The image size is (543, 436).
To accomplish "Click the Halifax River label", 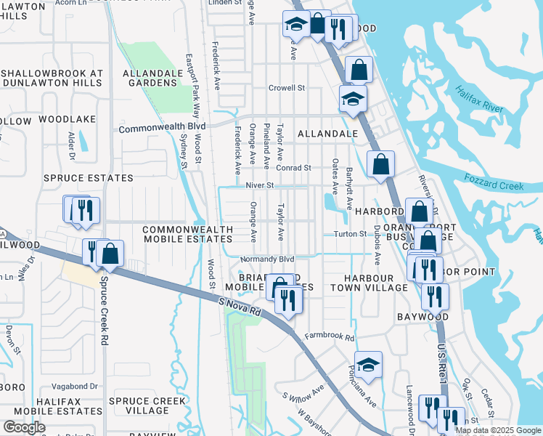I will [479, 98].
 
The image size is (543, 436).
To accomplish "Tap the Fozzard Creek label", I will [499, 186].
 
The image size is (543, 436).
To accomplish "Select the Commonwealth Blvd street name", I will [162, 128].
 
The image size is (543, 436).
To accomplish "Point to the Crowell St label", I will [286, 88].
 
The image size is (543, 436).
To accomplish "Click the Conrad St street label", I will [293, 168].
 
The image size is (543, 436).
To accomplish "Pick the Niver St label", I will [259, 185].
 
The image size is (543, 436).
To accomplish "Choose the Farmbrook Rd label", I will [329, 337].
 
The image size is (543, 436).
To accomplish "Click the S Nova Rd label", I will [239, 304].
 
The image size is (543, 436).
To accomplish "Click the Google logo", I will [23, 427].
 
